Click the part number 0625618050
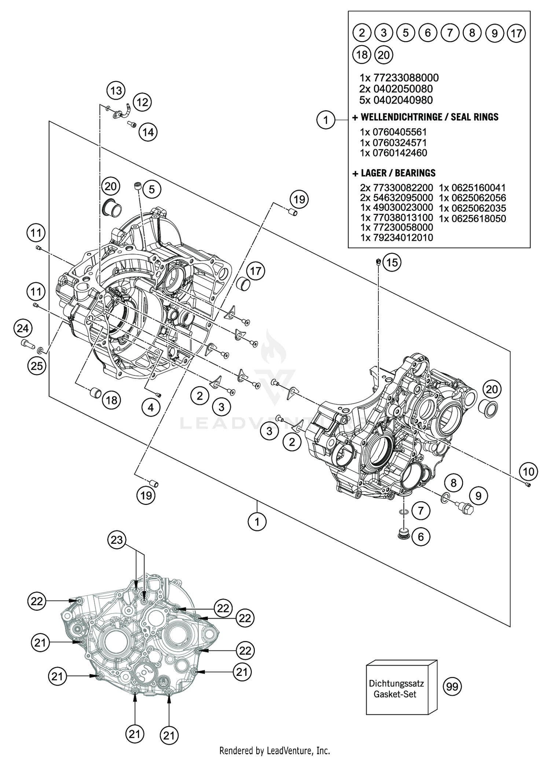click(x=473, y=219)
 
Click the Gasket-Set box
click(x=401, y=689)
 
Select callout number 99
click(x=452, y=686)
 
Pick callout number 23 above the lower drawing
click(x=117, y=539)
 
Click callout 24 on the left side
click(x=23, y=328)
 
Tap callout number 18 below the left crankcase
click(x=111, y=400)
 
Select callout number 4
click(x=151, y=407)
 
